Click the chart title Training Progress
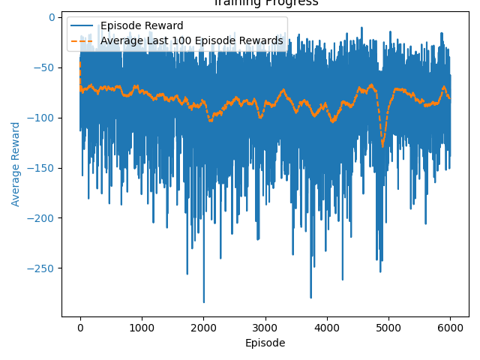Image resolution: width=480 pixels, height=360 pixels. click(x=265, y=3)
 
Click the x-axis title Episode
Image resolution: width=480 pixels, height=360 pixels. click(x=265, y=343)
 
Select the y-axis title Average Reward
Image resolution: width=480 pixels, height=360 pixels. click(x=16, y=163)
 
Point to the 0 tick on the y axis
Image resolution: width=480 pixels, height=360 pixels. click(x=52, y=17)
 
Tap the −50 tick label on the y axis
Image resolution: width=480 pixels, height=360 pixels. click(x=46, y=67)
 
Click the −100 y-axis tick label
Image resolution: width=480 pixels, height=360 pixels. click(x=43, y=118)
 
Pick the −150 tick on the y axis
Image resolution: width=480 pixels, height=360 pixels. click(x=43, y=168)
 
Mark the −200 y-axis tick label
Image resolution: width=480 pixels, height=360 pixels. click(x=43, y=218)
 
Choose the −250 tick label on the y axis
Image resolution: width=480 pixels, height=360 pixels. click(x=43, y=268)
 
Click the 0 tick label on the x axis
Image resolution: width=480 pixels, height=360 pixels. click(x=80, y=328)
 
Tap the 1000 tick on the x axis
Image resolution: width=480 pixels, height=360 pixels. click(x=142, y=328)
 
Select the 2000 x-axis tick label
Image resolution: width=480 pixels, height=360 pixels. click(x=203, y=328)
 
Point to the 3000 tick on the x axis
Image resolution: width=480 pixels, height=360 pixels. click(x=265, y=328)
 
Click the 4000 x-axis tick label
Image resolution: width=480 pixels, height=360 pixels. click(x=326, y=328)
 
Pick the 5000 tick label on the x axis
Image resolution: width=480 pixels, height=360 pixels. click(x=388, y=328)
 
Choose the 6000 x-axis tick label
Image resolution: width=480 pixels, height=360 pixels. click(x=450, y=328)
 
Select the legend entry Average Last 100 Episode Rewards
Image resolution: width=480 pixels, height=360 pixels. click(x=192, y=40)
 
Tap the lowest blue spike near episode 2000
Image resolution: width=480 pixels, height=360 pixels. click(x=203, y=301)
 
